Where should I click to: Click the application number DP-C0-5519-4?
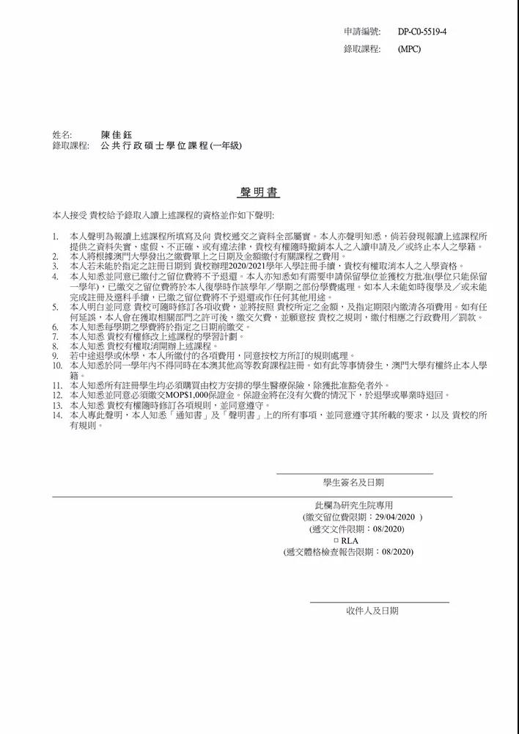pyautogui.click(x=422, y=32)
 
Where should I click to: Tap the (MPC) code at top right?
pyautogui.click(x=409, y=49)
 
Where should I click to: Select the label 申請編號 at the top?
pyautogui.click(x=362, y=32)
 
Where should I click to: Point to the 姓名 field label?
pyautogui.click(x=62, y=135)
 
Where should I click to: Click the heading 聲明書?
pyautogui.click(x=259, y=192)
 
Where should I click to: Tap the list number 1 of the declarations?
pyautogui.click(x=56, y=236)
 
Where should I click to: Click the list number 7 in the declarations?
pyautogui.click(x=56, y=335)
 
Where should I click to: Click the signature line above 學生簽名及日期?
pyautogui.click(x=354, y=474)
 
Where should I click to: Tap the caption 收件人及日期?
pyautogui.click(x=372, y=611)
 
